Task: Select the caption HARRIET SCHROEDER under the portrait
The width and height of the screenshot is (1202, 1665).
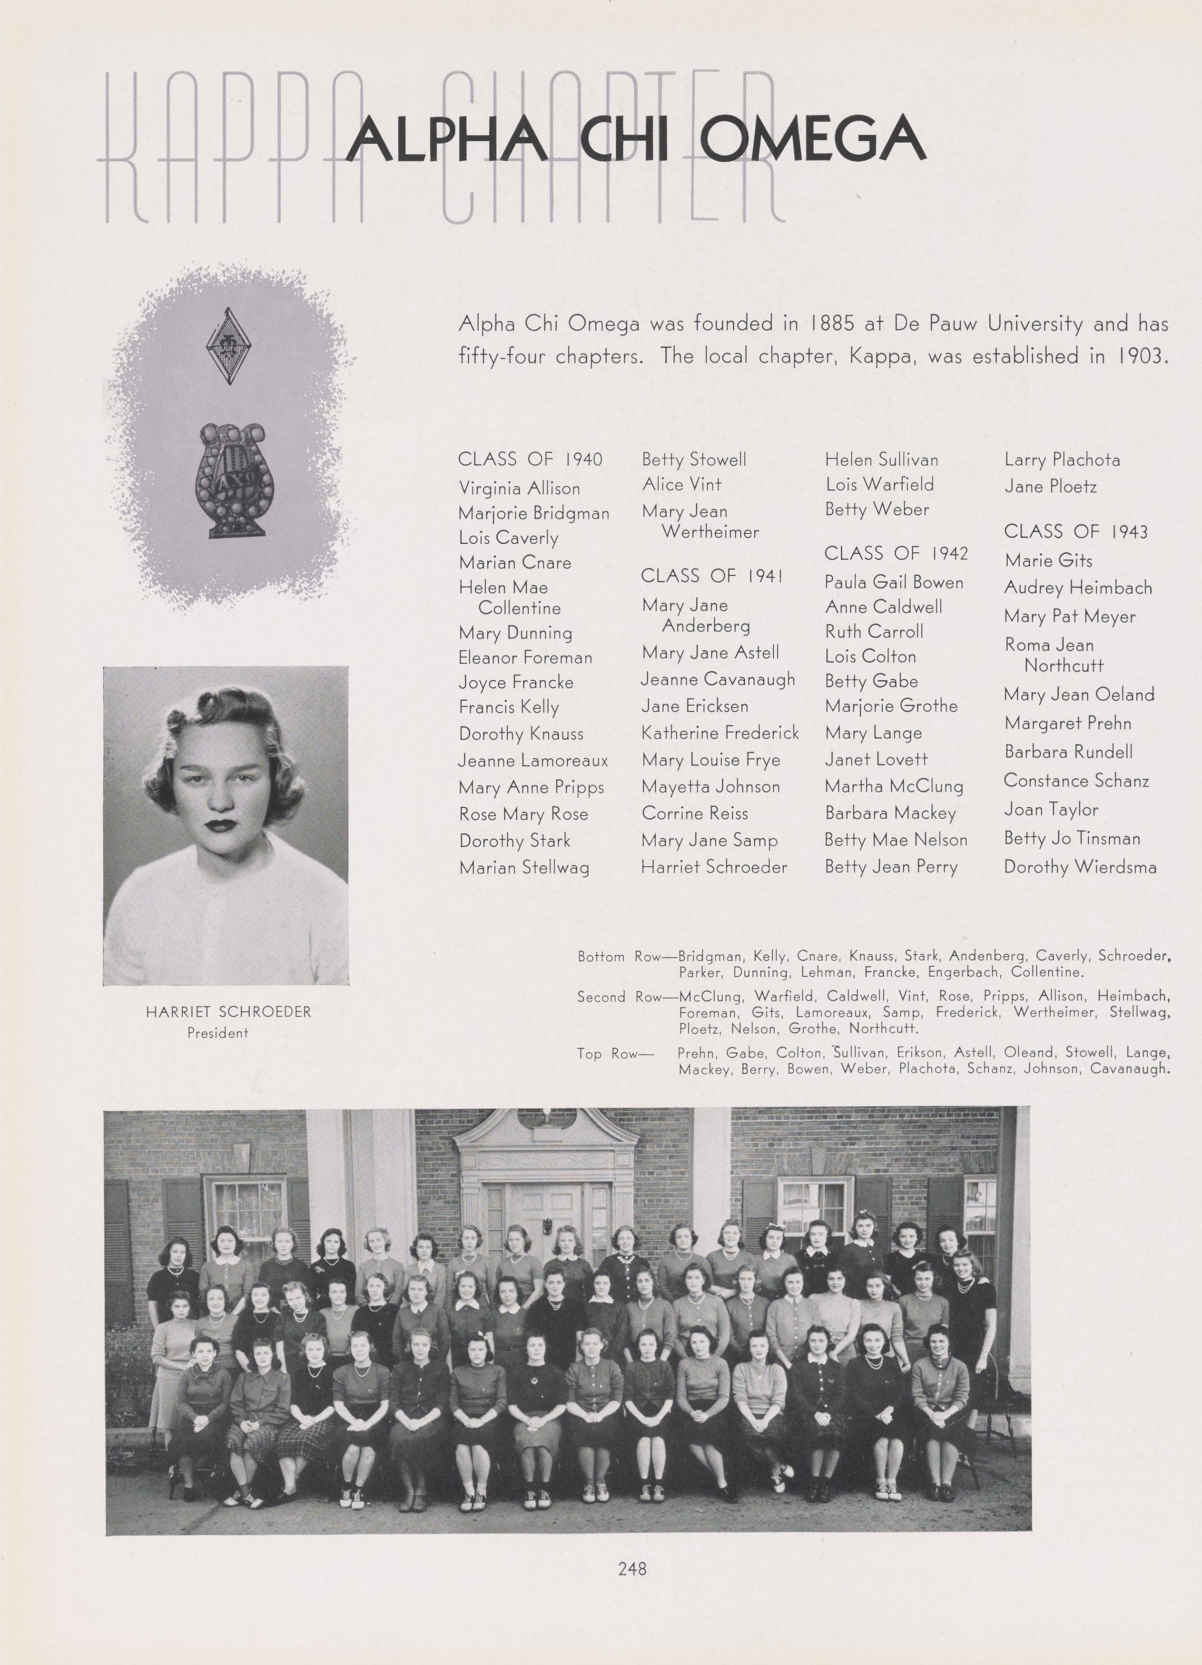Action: pyautogui.click(x=228, y=1012)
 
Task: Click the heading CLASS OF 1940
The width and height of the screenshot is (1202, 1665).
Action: pyautogui.click(x=530, y=460)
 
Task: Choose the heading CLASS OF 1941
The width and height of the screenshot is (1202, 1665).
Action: pyautogui.click(x=711, y=576)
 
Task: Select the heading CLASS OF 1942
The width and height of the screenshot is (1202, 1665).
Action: pyautogui.click(x=896, y=554)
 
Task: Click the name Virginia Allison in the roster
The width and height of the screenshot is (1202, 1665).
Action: pyautogui.click(x=519, y=488)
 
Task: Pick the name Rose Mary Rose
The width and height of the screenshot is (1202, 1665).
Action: pyautogui.click(x=523, y=814)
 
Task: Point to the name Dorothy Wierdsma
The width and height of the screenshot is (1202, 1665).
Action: pyautogui.click(x=1079, y=867)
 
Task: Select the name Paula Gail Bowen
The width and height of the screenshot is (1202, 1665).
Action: pyautogui.click(x=894, y=582)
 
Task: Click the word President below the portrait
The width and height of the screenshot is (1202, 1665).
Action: pyautogui.click(x=217, y=1033)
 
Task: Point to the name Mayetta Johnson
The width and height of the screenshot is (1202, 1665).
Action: pyautogui.click(x=710, y=787)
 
